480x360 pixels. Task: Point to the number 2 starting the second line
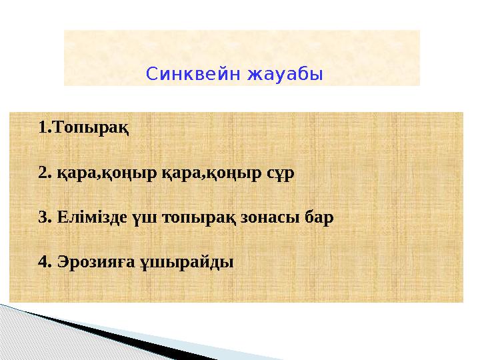[x=43, y=173]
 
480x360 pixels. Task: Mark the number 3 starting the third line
[x=43, y=217]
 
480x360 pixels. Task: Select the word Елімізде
[x=86, y=217]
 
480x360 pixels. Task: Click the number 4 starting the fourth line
[x=43, y=261]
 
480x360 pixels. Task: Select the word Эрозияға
[x=91, y=261]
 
